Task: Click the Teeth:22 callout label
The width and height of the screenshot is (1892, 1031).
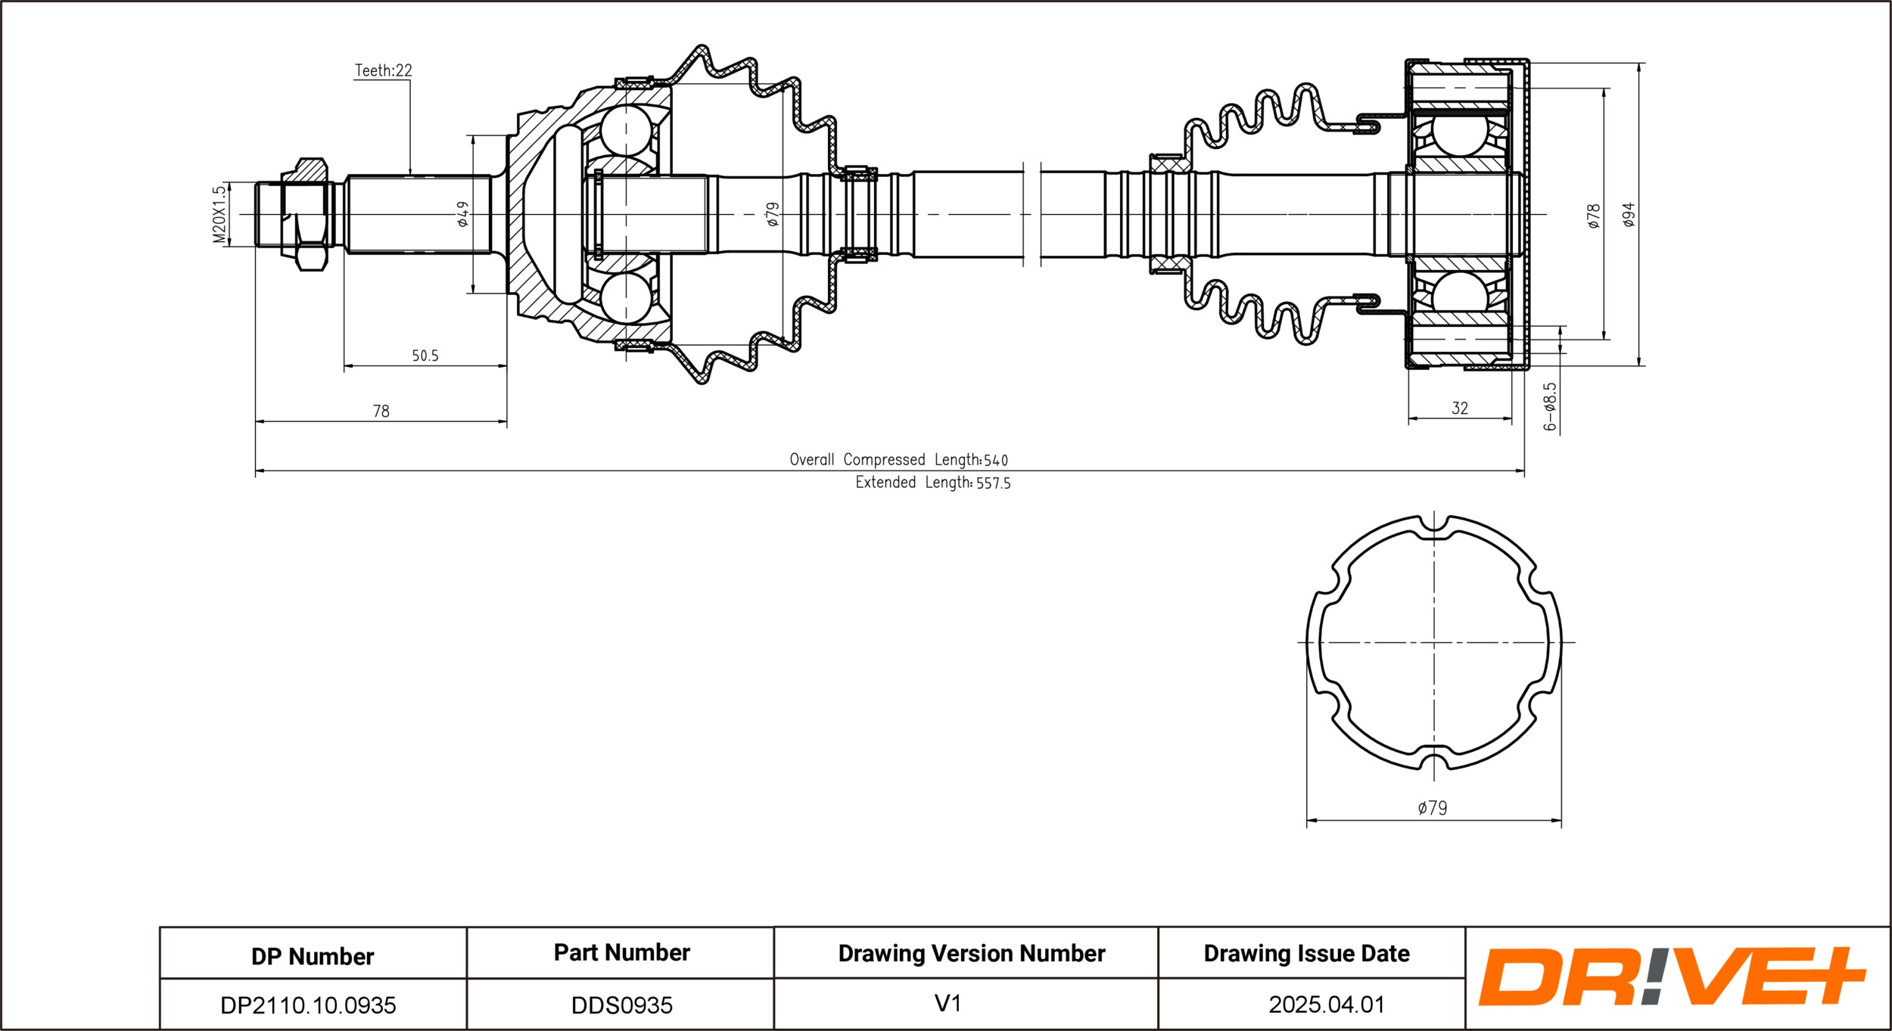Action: (384, 70)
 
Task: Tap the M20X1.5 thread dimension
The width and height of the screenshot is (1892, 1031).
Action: (219, 215)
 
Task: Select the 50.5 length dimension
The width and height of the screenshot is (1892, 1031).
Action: (425, 356)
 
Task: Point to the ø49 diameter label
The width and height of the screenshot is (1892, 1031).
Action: (462, 214)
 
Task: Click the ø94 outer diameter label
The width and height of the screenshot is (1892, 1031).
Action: (1629, 215)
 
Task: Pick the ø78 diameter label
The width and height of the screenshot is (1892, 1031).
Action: (1594, 216)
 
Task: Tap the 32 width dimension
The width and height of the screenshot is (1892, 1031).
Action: (1460, 408)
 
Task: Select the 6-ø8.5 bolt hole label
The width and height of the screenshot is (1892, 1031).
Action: (1550, 407)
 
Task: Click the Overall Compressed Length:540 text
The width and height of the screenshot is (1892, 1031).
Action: (899, 460)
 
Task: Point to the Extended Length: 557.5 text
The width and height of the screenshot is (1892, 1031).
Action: (933, 483)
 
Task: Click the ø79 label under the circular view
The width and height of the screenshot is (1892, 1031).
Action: (1433, 808)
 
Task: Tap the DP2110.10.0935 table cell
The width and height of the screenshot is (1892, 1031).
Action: (308, 1005)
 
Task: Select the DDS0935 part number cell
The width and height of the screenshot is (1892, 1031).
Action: (622, 1005)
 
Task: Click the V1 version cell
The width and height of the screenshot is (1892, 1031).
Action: (948, 1004)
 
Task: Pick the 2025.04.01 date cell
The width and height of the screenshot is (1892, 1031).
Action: (1327, 1005)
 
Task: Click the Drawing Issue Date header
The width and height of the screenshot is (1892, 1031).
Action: (1307, 954)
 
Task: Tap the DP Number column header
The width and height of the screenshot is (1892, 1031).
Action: (313, 957)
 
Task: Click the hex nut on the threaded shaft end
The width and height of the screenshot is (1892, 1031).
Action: (304, 215)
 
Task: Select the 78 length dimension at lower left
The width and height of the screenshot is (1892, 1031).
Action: (381, 411)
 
